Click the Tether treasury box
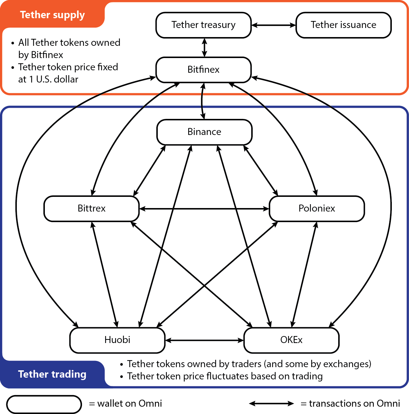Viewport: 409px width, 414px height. click(x=203, y=25)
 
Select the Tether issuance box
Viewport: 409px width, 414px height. click(x=343, y=25)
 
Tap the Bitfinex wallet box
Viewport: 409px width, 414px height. click(x=203, y=70)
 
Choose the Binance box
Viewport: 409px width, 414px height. click(x=204, y=132)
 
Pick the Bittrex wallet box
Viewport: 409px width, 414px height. click(x=91, y=208)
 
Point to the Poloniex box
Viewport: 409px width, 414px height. click(x=316, y=208)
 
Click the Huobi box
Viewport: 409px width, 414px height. click(x=117, y=340)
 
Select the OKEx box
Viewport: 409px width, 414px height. click(x=291, y=340)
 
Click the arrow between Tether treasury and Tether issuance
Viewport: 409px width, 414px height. click(x=274, y=25)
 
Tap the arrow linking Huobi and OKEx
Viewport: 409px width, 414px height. click(x=204, y=340)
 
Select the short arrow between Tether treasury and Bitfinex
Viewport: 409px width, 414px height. click(x=205, y=48)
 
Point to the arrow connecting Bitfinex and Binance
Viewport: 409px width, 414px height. click(x=202, y=101)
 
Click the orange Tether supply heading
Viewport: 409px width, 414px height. click(x=52, y=15)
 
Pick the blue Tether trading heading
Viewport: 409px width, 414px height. click(x=52, y=374)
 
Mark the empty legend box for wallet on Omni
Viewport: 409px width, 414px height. click(x=44, y=404)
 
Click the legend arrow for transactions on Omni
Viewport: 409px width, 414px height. click(x=271, y=404)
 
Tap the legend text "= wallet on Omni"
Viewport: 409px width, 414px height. click(x=126, y=404)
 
